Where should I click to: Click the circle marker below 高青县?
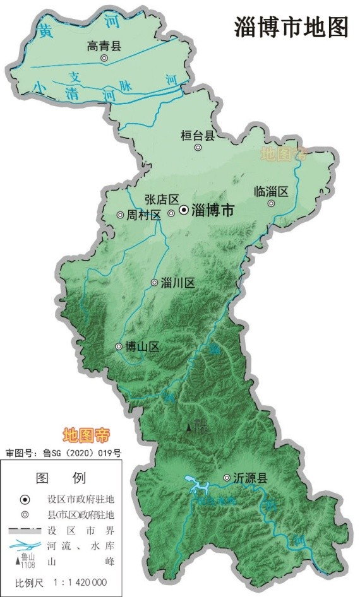[104, 58]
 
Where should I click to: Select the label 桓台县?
[198, 134]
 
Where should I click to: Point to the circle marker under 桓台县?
[198, 148]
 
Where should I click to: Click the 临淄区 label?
[271, 191]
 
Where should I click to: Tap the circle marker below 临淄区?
[271, 204]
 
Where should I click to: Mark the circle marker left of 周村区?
[120, 215]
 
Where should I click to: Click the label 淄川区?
[177, 283]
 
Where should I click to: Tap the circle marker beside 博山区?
[119, 346]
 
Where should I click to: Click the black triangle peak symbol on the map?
[189, 429]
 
